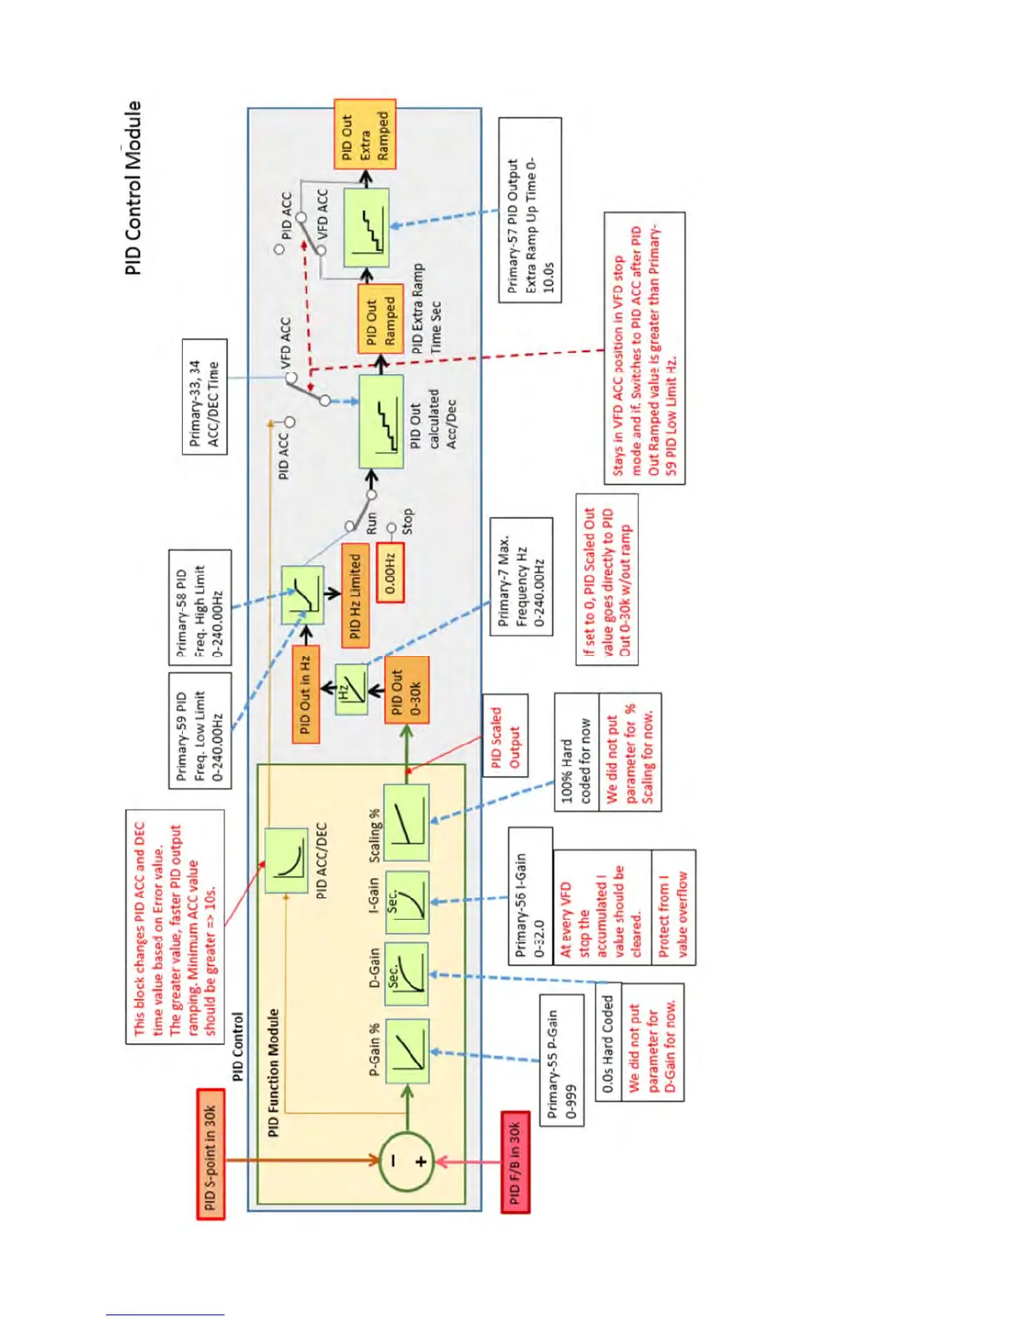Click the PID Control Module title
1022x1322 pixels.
click(x=134, y=188)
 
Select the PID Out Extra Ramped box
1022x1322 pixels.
click(x=365, y=135)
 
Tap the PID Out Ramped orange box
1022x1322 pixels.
click(x=381, y=318)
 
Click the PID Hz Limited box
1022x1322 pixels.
click(x=355, y=596)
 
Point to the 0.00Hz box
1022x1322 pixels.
click(x=390, y=573)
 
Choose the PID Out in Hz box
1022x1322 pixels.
click(x=305, y=693)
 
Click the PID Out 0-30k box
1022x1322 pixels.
click(x=407, y=689)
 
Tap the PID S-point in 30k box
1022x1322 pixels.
click(x=210, y=1154)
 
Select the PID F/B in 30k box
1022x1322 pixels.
click(x=514, y=1162)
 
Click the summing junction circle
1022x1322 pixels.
click(x=407, y=1161)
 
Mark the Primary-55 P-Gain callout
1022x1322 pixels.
click(x=561, y=1060)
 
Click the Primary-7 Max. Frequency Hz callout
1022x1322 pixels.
click(x=521, y=577)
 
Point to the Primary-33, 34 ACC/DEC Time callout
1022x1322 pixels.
click(x=205, y=397)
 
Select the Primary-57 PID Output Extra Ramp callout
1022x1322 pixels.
click(x=529, y=209)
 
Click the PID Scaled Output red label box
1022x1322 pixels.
click(x=505, y=735)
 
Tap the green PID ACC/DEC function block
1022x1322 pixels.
click(x=286, y=860)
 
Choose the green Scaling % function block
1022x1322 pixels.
click(x=407, y=823)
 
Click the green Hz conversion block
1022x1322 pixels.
click(x=351, y=689)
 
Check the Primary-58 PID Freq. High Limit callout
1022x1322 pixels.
click(x=200, y=607)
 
